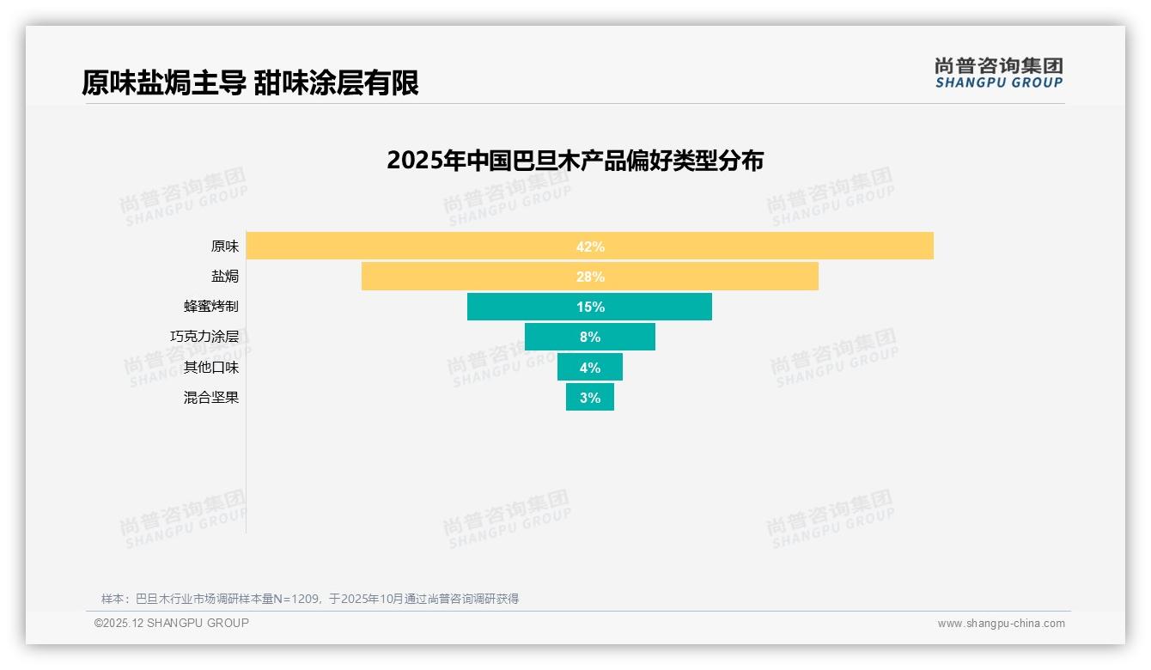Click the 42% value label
click(590, 247)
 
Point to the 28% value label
click(590, 277)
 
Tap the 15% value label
click(590, 307)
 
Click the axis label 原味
click(225, 247)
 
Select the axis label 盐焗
click(225, 277)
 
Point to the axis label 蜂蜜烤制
click(211, 307)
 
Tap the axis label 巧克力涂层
click(204, 337)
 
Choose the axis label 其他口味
click(211, 368)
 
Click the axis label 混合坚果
click(211, 398)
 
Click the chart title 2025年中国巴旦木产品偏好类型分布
click(575, 161)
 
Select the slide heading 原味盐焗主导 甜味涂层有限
click(250, 83)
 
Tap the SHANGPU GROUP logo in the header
click(998, 73)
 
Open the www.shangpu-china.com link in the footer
click(1001, 624)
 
